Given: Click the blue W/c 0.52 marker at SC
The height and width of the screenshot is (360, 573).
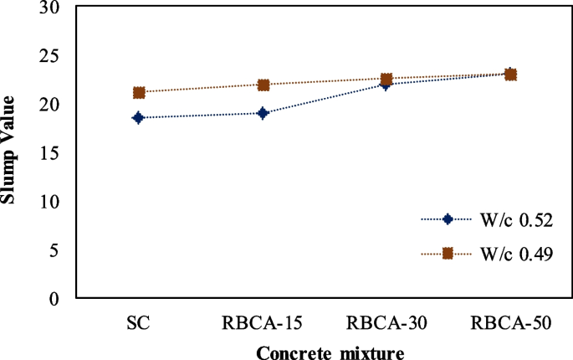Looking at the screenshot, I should [139, 118].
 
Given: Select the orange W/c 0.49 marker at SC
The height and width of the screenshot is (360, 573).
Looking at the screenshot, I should [139, 92].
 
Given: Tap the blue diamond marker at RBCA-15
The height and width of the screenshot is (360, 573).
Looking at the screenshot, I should [263, 113].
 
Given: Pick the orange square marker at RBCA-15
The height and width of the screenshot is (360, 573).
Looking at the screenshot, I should [263, 85].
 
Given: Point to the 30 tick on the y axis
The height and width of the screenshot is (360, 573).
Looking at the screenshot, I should [54, 8].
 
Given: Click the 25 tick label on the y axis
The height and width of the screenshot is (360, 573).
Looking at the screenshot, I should [54, 56].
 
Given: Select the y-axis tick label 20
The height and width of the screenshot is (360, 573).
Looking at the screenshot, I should [54, 105].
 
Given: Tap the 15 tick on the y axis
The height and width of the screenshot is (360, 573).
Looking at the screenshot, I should [54, 153].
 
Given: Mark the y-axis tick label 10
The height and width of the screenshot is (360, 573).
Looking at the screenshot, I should [54, 202].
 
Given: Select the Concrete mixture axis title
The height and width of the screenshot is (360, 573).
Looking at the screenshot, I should [330, 352].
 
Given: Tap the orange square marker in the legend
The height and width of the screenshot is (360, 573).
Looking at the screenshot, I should [448, 253].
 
